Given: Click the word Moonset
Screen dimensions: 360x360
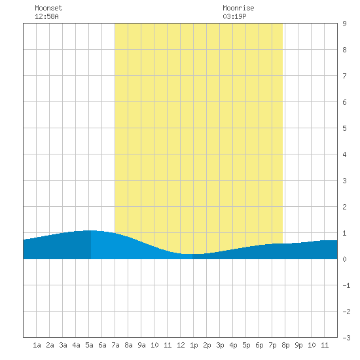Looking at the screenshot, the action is click(x=48, y=8).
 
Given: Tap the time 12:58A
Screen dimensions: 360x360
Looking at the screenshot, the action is click(x=46, y=16).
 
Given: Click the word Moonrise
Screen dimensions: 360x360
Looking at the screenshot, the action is click(x=238, y=8).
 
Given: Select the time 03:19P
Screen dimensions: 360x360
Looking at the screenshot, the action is click(x=234, y=16).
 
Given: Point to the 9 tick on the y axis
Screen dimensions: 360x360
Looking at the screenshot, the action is click(x=344, y=24).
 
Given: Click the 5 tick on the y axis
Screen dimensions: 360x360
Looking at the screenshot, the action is click(x=344, y=128).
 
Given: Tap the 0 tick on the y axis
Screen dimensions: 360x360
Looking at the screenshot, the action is click(x=344, y=259).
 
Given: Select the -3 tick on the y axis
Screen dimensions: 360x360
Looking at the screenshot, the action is click(x=346, y=338).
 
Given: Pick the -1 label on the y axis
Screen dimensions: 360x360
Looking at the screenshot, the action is click(x=346, y=285).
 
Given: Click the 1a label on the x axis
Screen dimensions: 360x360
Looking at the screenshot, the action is click(x=37, y=345).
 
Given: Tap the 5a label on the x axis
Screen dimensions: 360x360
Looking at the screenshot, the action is click(x=89, y=345).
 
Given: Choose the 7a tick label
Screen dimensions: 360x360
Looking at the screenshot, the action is click(x=115, y=345).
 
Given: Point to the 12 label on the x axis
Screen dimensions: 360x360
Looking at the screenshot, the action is click(x=181, y=345).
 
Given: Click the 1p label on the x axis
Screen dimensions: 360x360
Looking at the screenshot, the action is click(x=194, y=345).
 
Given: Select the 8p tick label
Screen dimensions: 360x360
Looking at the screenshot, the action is click(x=285, y=345).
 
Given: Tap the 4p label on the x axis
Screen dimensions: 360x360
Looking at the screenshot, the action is click(x=233, y=345).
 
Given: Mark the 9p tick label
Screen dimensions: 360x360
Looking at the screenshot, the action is click(x=298, y=345).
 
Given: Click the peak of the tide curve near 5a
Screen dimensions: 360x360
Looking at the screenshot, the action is click(x=91, y=230).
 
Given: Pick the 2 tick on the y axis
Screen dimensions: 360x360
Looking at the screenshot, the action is click(x=344, y=207).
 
